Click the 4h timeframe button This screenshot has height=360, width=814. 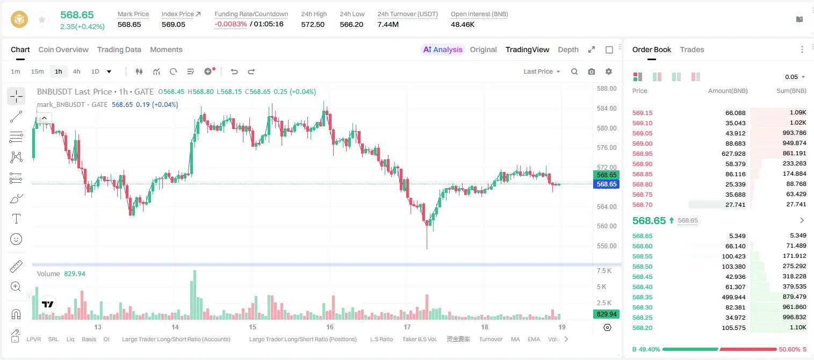(x=76, y=71)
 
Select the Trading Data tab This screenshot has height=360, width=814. (x=119, y=49)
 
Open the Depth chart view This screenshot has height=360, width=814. (x=568, y=49)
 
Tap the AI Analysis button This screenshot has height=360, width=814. (x=443, y=49)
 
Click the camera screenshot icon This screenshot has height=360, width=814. (x=592, y=71)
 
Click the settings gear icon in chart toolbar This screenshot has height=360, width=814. (x=609, y=71)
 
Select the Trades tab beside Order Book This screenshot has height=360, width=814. (x=692, y=49)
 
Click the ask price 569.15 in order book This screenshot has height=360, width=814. (x=642, y=113)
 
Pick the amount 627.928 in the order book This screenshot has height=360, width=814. (x=733, y=154)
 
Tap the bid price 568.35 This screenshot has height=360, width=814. (x=642, y=297)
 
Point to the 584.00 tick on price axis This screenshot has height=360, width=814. (x=607, y=108)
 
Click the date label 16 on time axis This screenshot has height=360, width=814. (x=329, y=327)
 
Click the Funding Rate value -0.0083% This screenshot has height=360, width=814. (x=230, y=24)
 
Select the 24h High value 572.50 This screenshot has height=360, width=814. (x=313, y=24)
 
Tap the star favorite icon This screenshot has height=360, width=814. (x=42, y=19)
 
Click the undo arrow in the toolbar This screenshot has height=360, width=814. (x=234, y=71)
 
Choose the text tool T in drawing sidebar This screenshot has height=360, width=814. (x=16, y=219)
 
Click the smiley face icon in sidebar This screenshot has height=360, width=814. (x=16, y=239)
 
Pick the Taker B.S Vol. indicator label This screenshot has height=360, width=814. (x=419, y=339)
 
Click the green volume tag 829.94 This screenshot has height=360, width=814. (x=607, y=314)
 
